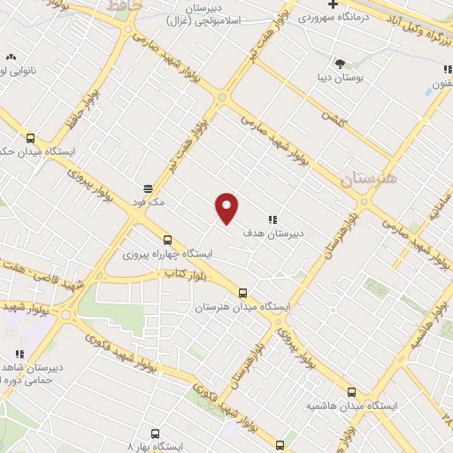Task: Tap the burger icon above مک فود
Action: [x=147, y=188]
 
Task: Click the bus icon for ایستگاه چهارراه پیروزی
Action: [x=167, y=240]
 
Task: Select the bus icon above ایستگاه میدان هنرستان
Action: [x=242, y=293]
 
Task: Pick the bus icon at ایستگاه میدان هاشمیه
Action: [x=351, y=392]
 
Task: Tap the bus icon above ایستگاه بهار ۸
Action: [x=156, y=434]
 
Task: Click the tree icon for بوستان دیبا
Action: [x=340, y=63]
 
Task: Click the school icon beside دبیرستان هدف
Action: [x=273, y=219]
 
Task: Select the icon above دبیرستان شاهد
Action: [x=19, y=355]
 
